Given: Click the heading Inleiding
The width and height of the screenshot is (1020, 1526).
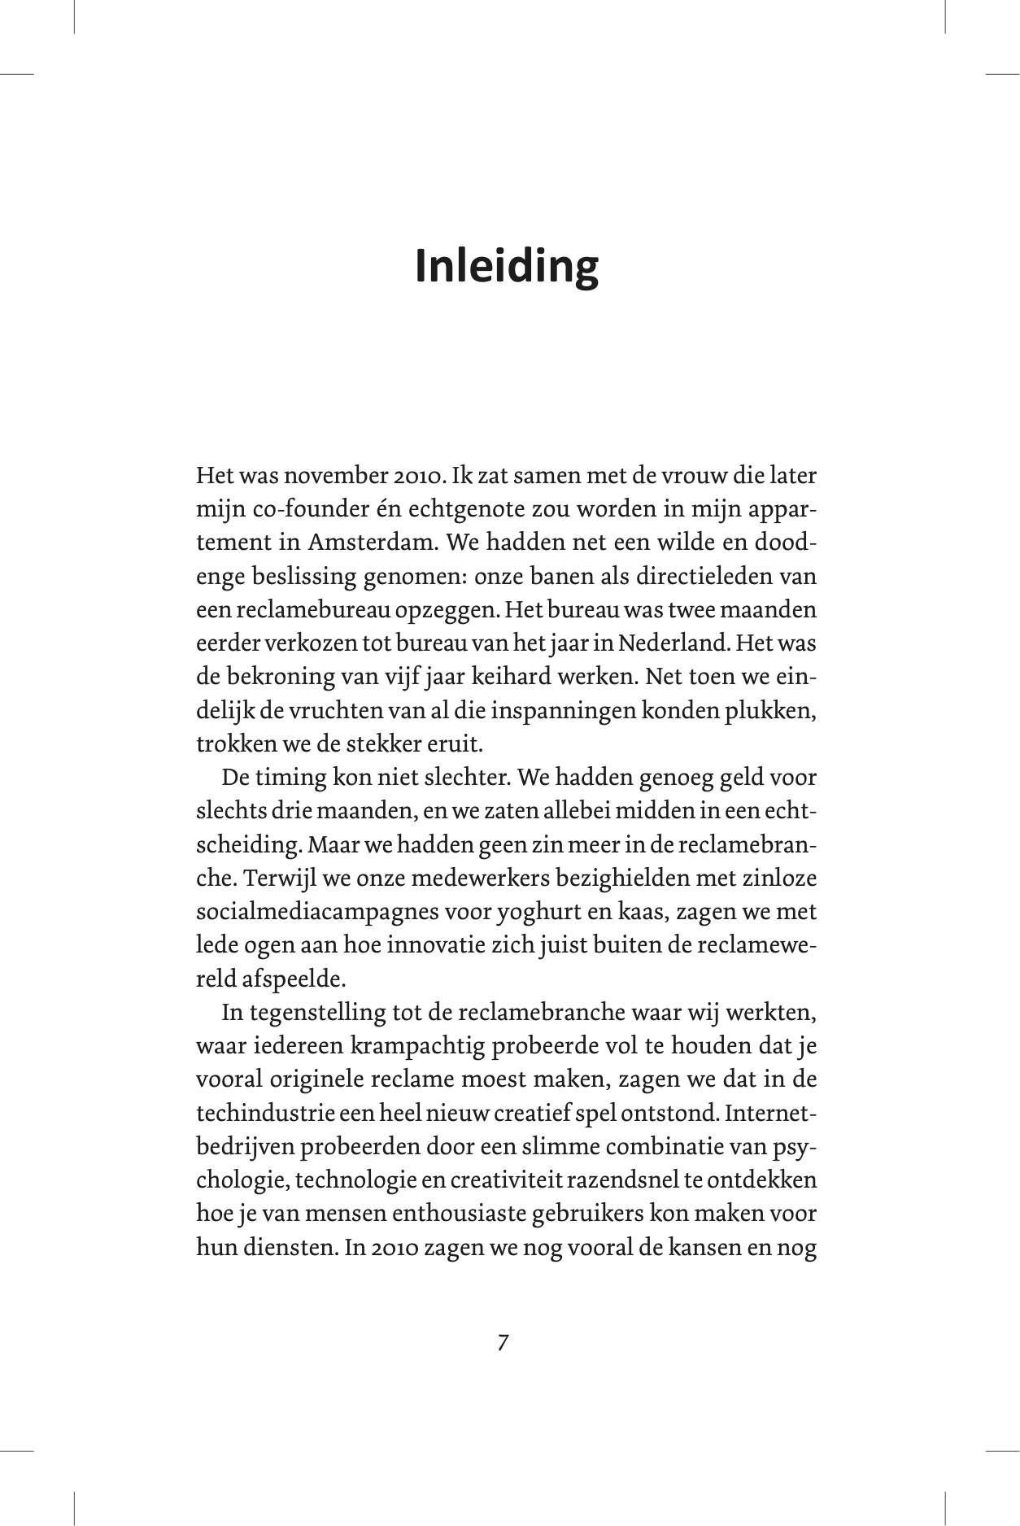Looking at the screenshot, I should point(507,267).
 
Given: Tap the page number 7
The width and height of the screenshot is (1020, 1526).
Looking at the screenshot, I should point(503,1342).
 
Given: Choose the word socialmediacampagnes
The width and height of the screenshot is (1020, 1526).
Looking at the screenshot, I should point(317,912).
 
